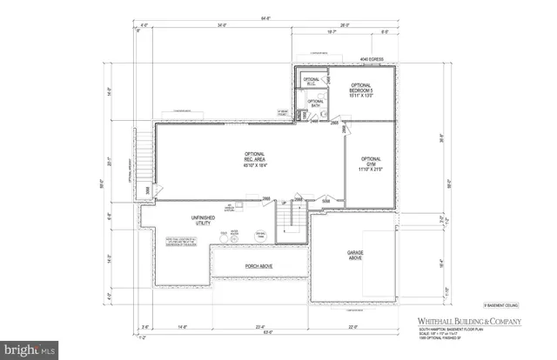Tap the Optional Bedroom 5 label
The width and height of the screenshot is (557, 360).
point(360,90)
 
